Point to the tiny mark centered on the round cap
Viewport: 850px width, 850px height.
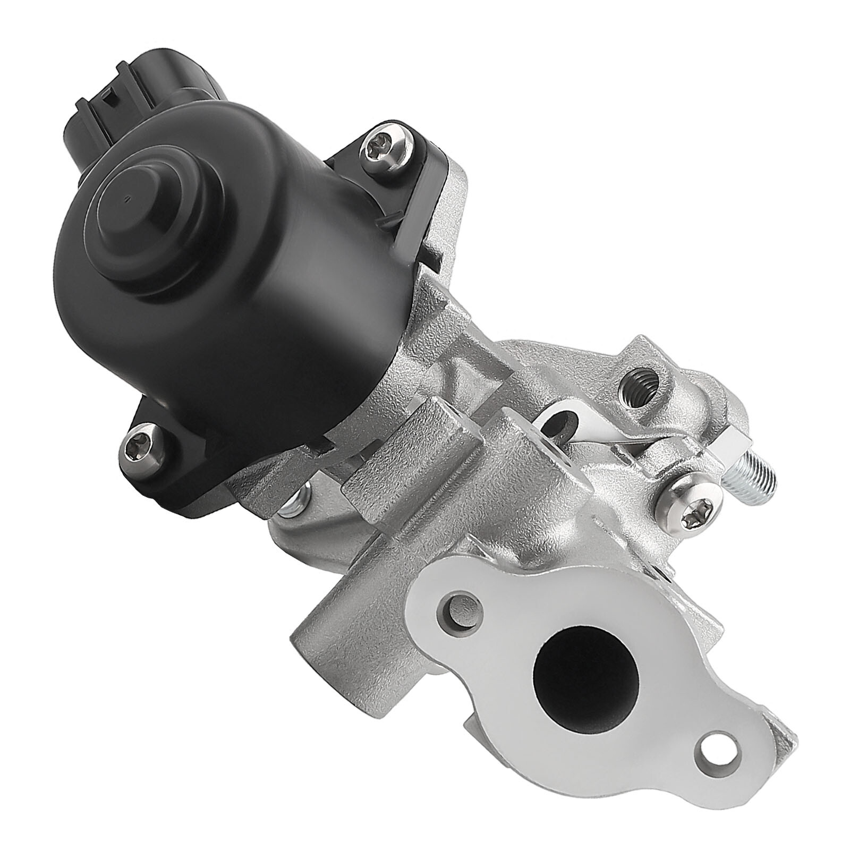point(126,201)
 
